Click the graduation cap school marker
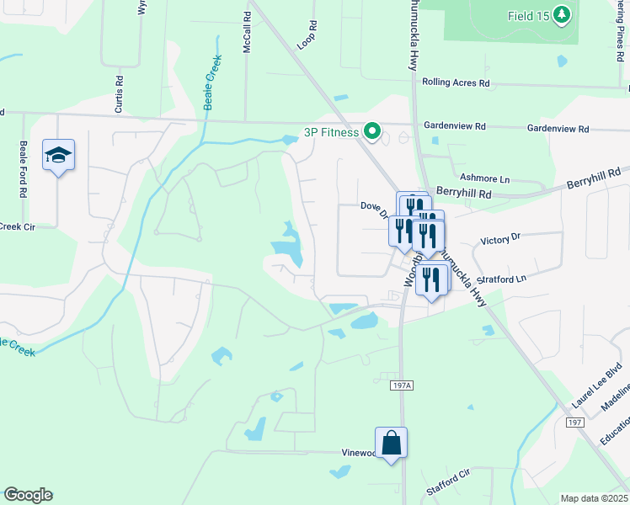coord(59,155)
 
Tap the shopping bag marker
coord(392,442)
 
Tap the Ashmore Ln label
coord(485,178)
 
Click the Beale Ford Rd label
coord(23,167)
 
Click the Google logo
coord(28,495)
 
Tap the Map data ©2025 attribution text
coord(593,498)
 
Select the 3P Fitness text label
coord(332,131)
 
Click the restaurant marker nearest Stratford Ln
coord(432,280)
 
